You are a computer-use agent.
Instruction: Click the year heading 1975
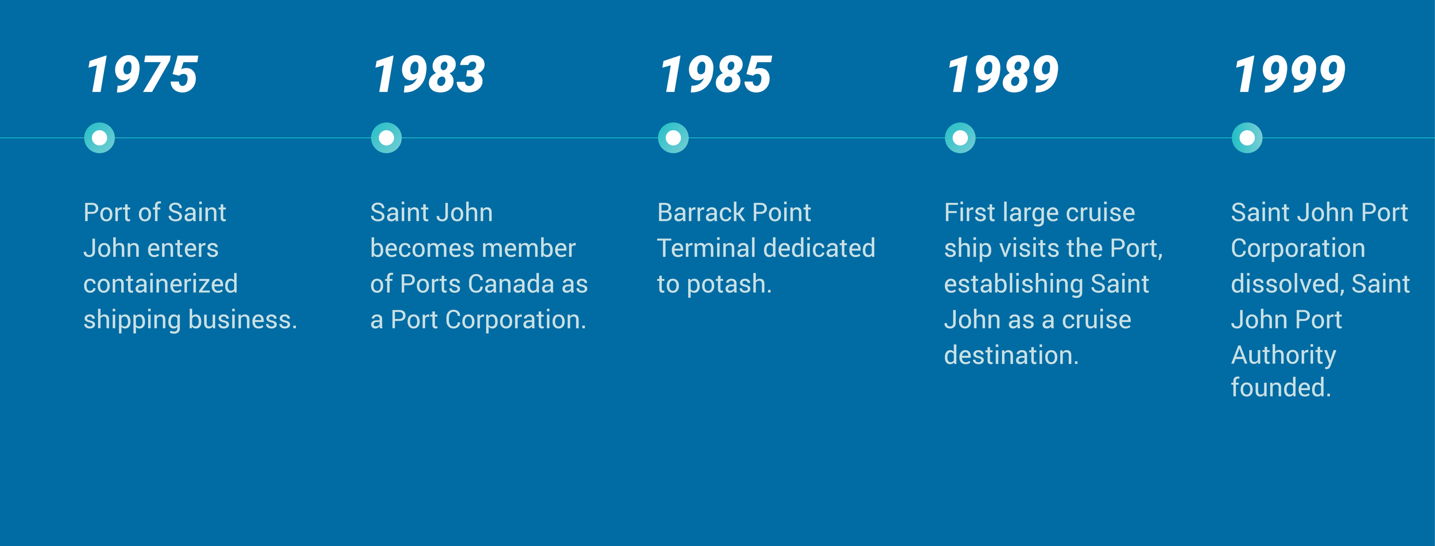click(x=142, y=75)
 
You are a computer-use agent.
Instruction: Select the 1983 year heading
click(x=429, y=75)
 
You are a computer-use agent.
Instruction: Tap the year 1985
click(x=716, y=75)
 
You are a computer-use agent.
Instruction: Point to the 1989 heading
click(x=1003, y=75)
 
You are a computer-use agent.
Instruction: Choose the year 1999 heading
click(x=1290, y=75)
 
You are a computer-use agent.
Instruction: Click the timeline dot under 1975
click(x=99, y=138)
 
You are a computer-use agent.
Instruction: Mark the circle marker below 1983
click(x=386, y=138)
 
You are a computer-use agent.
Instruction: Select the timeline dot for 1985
click(x=673, y=138)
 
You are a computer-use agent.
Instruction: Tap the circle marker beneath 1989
click(x=960, y=138)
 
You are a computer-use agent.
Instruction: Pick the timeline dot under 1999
click(x=1247, y=138)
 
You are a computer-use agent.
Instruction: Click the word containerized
click(x=161, y=284)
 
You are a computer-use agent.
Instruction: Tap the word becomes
click(x=412, y=249)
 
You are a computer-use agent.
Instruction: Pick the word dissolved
click(x=1287, y=284)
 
